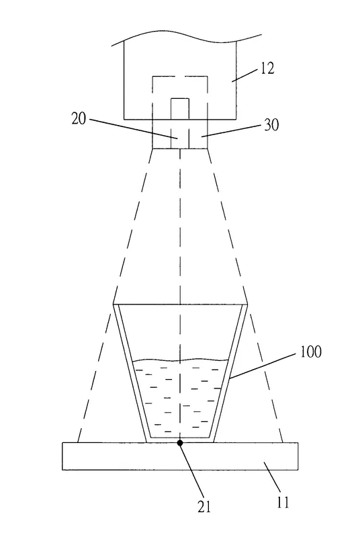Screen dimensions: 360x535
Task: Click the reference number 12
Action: (267, 69)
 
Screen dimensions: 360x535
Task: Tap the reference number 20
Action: (79, 119)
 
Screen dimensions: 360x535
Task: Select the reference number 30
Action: (272, 125)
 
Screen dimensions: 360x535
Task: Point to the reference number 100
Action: (310, 352)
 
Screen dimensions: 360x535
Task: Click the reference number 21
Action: (204, 506)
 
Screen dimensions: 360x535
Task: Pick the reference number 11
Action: (283, 502)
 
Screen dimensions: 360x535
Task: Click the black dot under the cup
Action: (180, 443)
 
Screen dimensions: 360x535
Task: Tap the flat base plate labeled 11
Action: (180, 456)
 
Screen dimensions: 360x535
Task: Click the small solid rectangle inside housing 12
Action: (180, 109)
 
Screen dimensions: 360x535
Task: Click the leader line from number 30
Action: (232, 130)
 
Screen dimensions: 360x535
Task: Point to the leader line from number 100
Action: (263, 366)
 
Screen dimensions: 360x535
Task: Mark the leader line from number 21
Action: (191, 470)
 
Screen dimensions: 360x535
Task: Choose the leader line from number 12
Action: (245, 75)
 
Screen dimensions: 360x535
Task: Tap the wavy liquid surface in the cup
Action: (181, 360)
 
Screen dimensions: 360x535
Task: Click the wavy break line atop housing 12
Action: (187, 38)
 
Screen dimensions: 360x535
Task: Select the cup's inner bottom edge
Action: (180, 438)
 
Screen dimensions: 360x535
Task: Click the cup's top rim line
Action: (180, 304)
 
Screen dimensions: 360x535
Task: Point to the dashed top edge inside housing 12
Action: (180, 77)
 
